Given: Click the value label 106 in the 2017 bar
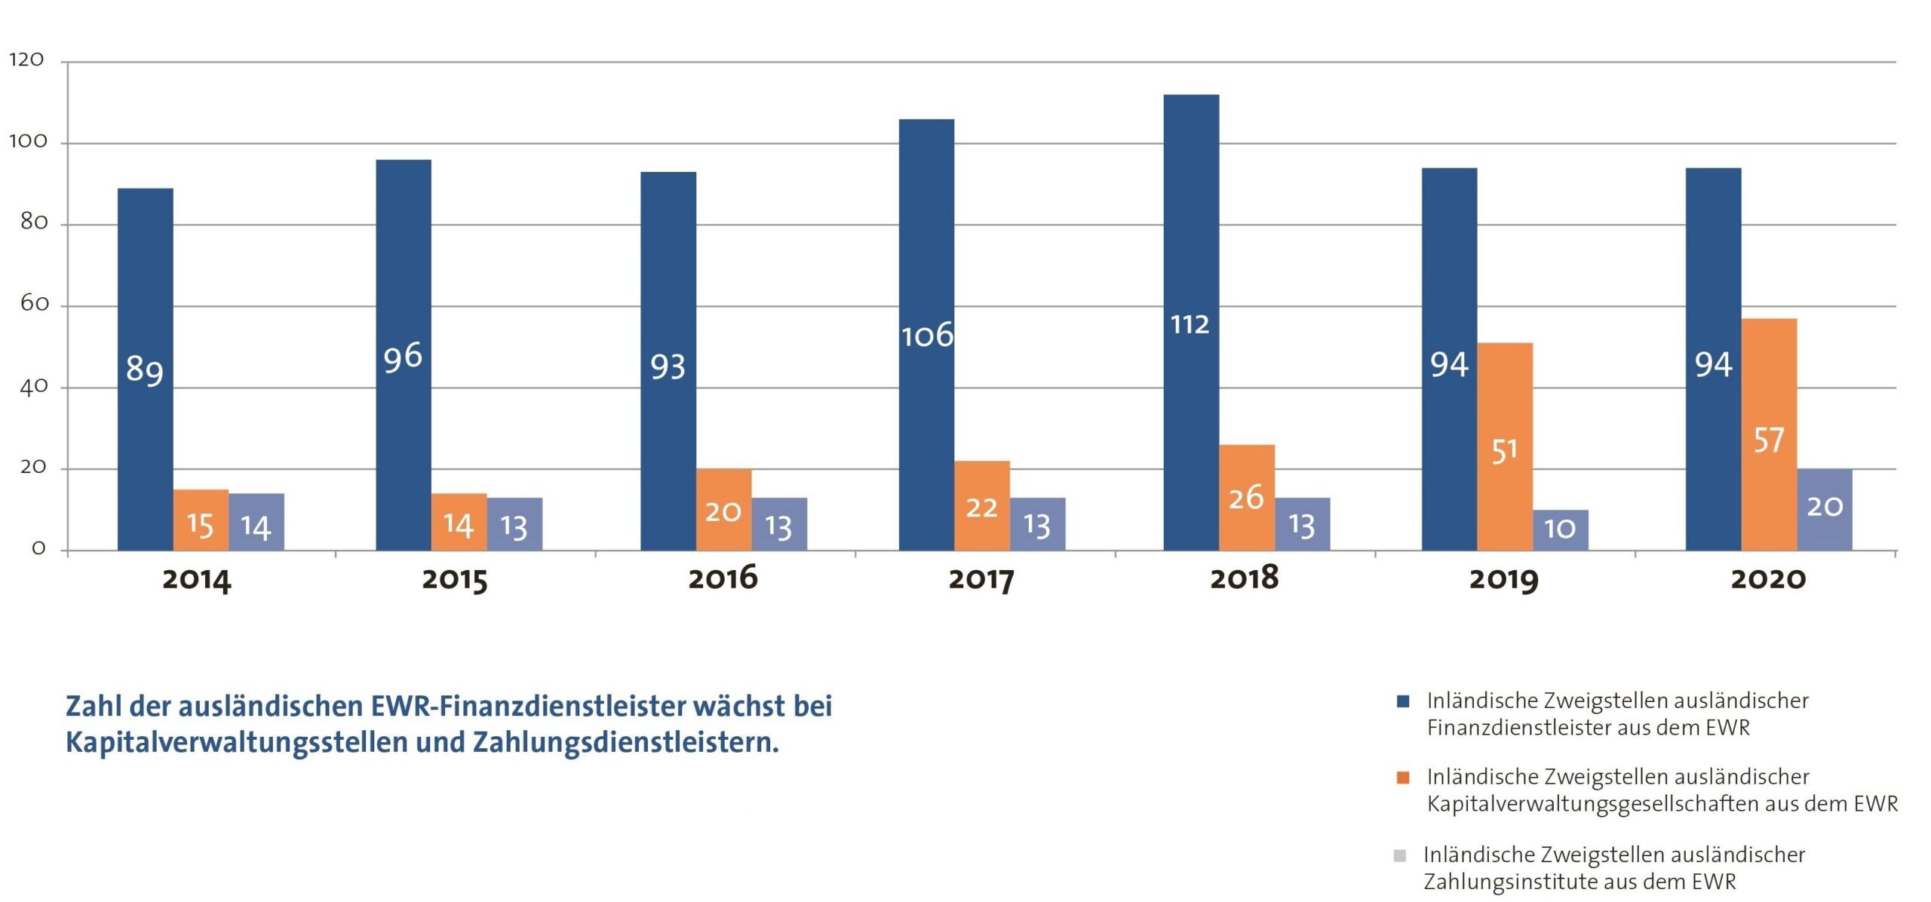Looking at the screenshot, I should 927,336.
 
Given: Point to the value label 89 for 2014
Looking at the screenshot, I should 144,370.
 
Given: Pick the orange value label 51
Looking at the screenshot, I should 1504,451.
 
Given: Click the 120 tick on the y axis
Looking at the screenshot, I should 26,60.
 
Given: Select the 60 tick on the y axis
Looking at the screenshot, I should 34,304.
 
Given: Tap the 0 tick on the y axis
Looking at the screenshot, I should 38,548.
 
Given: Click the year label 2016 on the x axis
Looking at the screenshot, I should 723,578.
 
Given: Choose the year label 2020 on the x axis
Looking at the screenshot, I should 1768,579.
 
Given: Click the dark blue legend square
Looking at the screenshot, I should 1403,701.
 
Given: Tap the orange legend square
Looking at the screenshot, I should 1403,778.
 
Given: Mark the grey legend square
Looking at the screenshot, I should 1400,855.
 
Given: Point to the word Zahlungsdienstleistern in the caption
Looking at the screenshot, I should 626,743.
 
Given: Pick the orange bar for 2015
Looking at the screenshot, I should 459,521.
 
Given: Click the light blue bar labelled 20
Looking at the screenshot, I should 1825,509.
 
